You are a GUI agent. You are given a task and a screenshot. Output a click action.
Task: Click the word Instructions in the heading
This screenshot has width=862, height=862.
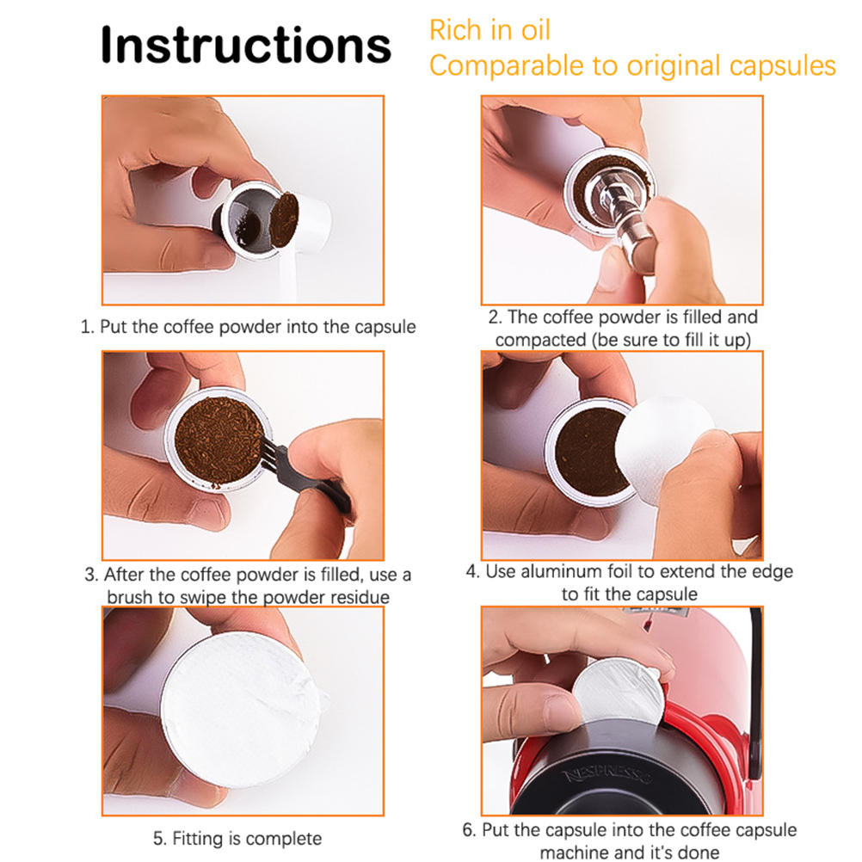tap(246, 45)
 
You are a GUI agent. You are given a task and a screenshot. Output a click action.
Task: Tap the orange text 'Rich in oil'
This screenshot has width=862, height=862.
tap(489, 30)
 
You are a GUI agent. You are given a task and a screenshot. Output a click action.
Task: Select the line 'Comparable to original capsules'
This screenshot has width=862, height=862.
tap(632, 66)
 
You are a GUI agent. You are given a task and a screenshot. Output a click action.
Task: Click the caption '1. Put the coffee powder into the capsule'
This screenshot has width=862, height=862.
tap(248, 327)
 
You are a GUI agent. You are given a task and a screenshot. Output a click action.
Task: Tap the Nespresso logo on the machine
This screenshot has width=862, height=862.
tap(607, 776)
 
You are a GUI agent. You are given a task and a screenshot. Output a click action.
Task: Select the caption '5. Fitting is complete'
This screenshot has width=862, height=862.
tap(237, 839)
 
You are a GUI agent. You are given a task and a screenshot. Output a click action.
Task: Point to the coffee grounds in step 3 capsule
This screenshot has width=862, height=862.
tap(219, 439)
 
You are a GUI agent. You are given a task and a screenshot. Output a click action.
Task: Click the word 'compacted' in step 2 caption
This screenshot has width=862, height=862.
tap(541, 340)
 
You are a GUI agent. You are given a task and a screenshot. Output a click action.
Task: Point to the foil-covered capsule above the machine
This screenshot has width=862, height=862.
tap(619, 693)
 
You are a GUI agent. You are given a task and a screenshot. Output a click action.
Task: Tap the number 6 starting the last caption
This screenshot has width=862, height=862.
tap(468, 830)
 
